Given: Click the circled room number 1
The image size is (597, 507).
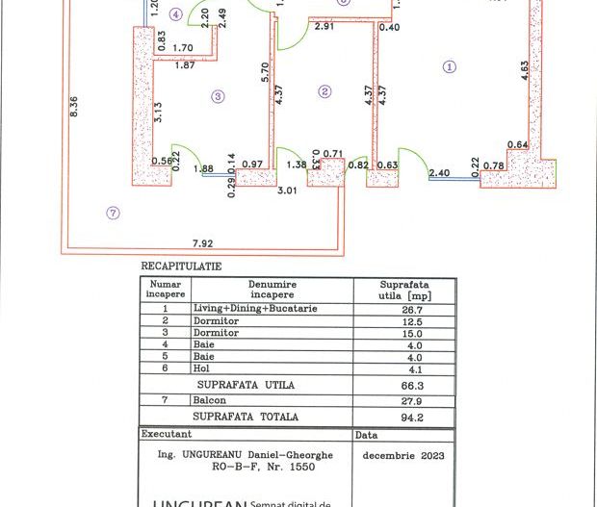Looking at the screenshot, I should point(449,66).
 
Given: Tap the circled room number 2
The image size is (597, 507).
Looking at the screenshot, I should point(324,92).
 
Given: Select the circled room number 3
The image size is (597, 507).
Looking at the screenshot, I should point(219,96).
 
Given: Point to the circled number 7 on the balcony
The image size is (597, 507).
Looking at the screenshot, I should point(114,213).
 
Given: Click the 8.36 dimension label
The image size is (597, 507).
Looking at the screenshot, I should point(74,115).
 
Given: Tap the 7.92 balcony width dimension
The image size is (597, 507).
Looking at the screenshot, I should point(202,243).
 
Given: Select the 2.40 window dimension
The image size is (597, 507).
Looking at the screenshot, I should point(438,173).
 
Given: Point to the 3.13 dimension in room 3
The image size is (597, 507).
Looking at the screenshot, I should point(161,113).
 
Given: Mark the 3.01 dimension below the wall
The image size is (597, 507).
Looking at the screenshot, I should point(286,191).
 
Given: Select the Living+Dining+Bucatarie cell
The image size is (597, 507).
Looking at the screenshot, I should point(255,309).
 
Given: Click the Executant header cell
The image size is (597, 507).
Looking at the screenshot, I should point(167,435).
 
